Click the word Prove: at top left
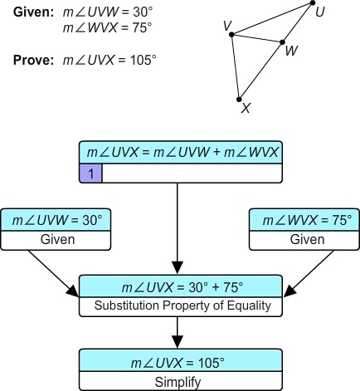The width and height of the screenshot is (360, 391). (x=31, y=60)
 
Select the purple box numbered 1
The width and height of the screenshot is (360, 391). (x=90, y=173)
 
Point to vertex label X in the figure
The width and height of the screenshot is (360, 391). (x=245, y=108)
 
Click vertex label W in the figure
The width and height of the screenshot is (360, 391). (x=290, y=51)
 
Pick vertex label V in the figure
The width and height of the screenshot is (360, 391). (x=226, y=26)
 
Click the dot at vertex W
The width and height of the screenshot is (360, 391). (x=283, y=42)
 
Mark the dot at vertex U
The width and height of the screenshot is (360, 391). (x=313, y=3)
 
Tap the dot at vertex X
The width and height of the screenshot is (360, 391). (x=239, y=98)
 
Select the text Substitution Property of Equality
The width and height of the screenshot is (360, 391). (x=180, y=305)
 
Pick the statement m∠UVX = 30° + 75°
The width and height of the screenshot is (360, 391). (x=180, y=287)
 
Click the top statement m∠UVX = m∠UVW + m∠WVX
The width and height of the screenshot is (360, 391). (x=180, y=154)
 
